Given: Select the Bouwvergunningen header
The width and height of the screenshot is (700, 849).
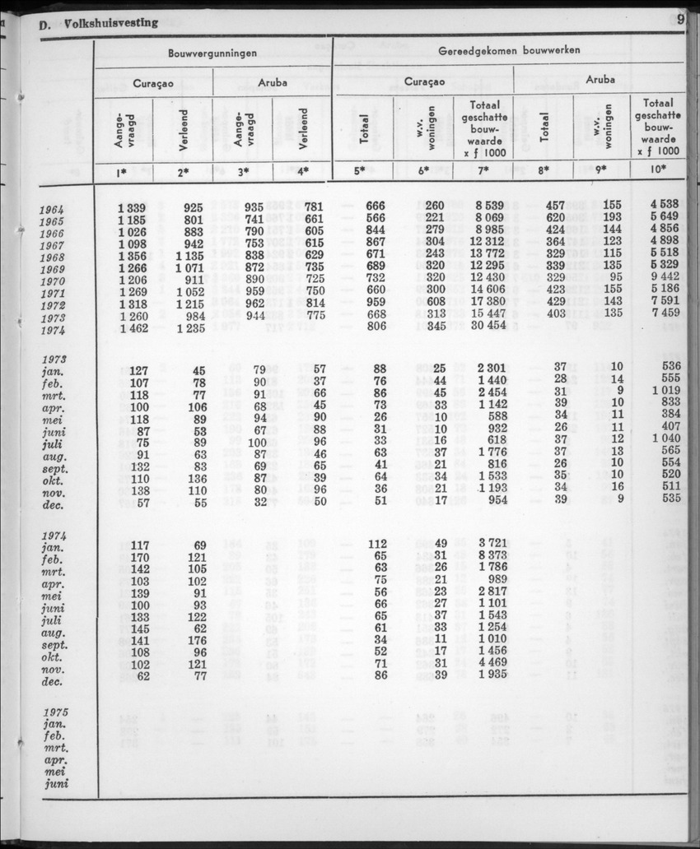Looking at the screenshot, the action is coord(212,52).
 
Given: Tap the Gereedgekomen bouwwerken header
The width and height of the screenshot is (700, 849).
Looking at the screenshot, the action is coord(508,50).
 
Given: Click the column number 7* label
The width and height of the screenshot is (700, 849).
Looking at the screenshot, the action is coord(483,171).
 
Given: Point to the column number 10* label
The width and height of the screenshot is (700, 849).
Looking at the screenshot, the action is coord(658,171).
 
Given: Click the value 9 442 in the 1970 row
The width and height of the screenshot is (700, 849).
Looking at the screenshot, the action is coord(664,278).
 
